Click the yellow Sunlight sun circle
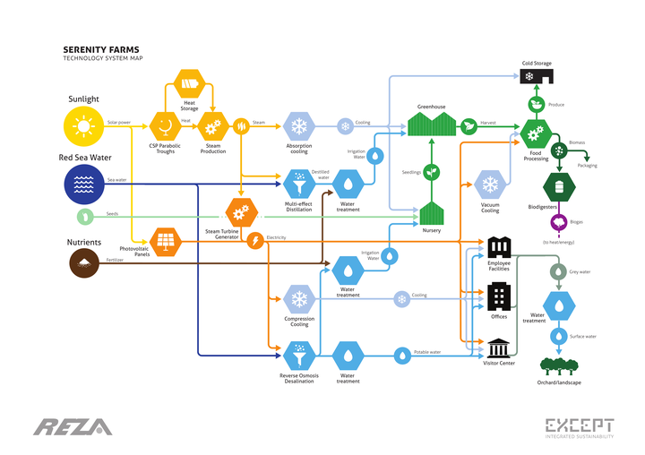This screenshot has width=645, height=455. tap(83, 126)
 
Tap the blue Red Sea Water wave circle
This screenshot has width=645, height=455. tap(83, 184)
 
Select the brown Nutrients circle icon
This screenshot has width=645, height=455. tap(83, 261)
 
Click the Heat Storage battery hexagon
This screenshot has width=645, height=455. tap(191, 87)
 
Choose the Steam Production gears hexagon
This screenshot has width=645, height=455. tap(212, 125)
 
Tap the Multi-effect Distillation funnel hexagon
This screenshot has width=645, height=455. tap(299, 185)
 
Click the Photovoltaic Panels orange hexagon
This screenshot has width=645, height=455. tap(165, 241)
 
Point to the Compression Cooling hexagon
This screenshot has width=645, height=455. tap(299, 298)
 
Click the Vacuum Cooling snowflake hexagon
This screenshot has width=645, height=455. tap(490, 185)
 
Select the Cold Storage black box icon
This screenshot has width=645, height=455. tap(535, 77)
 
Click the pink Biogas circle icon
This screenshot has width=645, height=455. tap(559, 223)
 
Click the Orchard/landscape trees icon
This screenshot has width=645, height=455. tap(559, 366)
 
